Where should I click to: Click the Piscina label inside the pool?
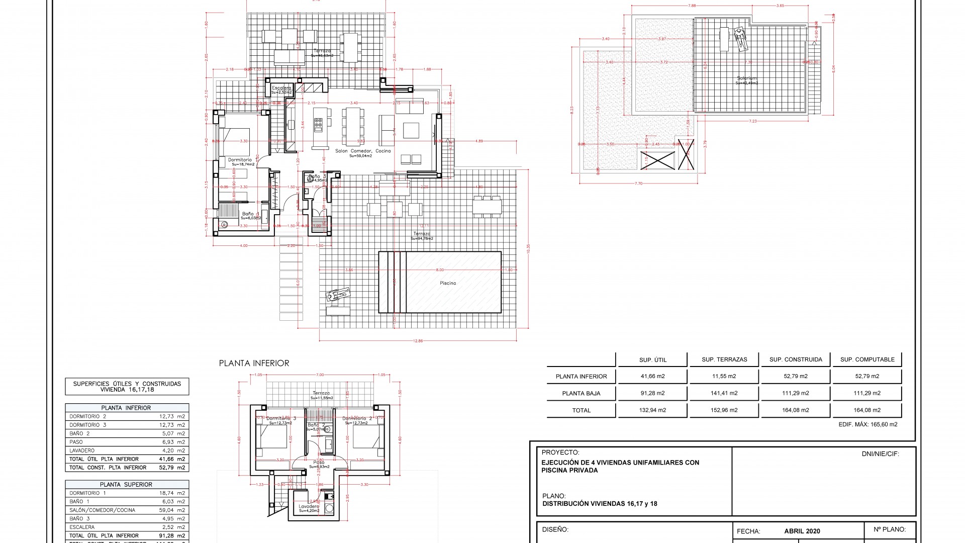448,283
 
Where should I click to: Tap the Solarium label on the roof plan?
747,78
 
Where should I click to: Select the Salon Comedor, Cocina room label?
363,151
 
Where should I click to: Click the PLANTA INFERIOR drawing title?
254,363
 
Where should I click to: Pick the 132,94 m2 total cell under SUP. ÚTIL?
652,410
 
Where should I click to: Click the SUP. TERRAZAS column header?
724,359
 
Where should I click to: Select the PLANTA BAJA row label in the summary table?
581,393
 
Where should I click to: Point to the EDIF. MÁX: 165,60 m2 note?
867,424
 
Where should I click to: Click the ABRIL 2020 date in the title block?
802,531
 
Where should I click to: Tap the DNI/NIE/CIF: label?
880,454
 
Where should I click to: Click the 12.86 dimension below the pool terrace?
418,341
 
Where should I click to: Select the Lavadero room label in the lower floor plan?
309,507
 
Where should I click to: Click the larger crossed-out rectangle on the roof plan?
658,160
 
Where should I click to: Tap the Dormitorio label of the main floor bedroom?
240,160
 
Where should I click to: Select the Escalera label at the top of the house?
281,88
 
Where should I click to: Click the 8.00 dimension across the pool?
440,270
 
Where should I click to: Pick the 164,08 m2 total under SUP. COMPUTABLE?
867,410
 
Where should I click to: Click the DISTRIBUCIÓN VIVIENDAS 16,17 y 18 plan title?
600,504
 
